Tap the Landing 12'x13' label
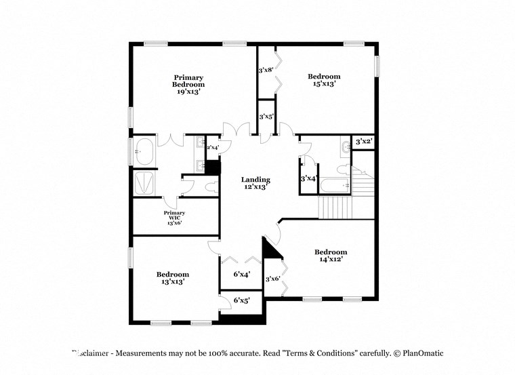[256, 183]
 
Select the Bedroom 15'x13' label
[324, 80]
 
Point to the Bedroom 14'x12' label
[331, 255]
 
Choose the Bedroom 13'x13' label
[173, 277]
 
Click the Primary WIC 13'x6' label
[173, 218]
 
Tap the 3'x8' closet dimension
[265, 70]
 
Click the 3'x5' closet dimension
[266, 117]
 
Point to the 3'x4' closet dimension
[308, 178]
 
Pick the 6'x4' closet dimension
[242, 275]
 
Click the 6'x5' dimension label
[242, 300]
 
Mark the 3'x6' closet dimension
[273, 279]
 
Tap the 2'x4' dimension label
[212, 147]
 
